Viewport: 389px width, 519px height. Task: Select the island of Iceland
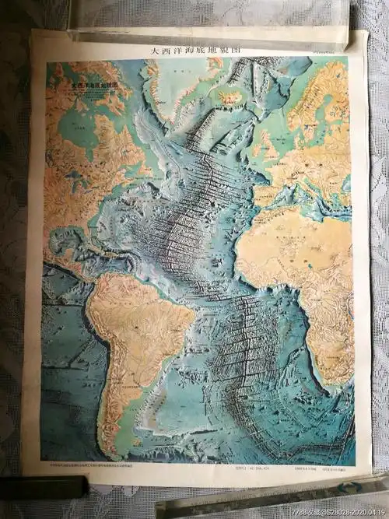point(230,97)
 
